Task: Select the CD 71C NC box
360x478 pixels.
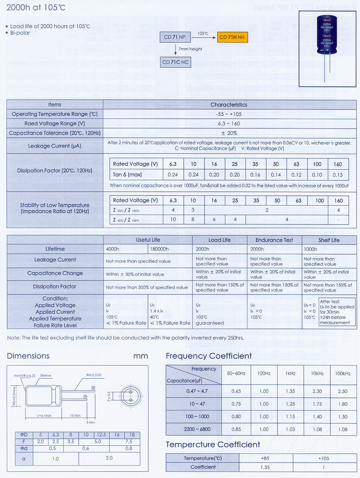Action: click(x=176, y=61)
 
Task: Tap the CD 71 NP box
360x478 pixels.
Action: click(x=176, y=37)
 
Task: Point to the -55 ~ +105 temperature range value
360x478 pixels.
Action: click(x=228, y=114)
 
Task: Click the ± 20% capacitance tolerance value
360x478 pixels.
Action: click(x=228, y=133)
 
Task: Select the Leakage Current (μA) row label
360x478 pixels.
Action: click(x=55, y=146)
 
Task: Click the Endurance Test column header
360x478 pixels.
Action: click(x=274, y=240)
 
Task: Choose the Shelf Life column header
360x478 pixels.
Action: click(x=329, y=240)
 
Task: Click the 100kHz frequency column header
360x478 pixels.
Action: click(x=343, y=373)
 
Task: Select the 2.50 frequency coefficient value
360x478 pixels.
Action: click(x=343, y=391)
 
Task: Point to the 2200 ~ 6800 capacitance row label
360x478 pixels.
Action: click(x=192, y=429)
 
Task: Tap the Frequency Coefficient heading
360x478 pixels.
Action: click(x=209, y=356)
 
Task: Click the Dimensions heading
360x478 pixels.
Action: click(x=28, y=356)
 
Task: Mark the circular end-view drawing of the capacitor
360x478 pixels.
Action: click(x=129, y=394)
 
